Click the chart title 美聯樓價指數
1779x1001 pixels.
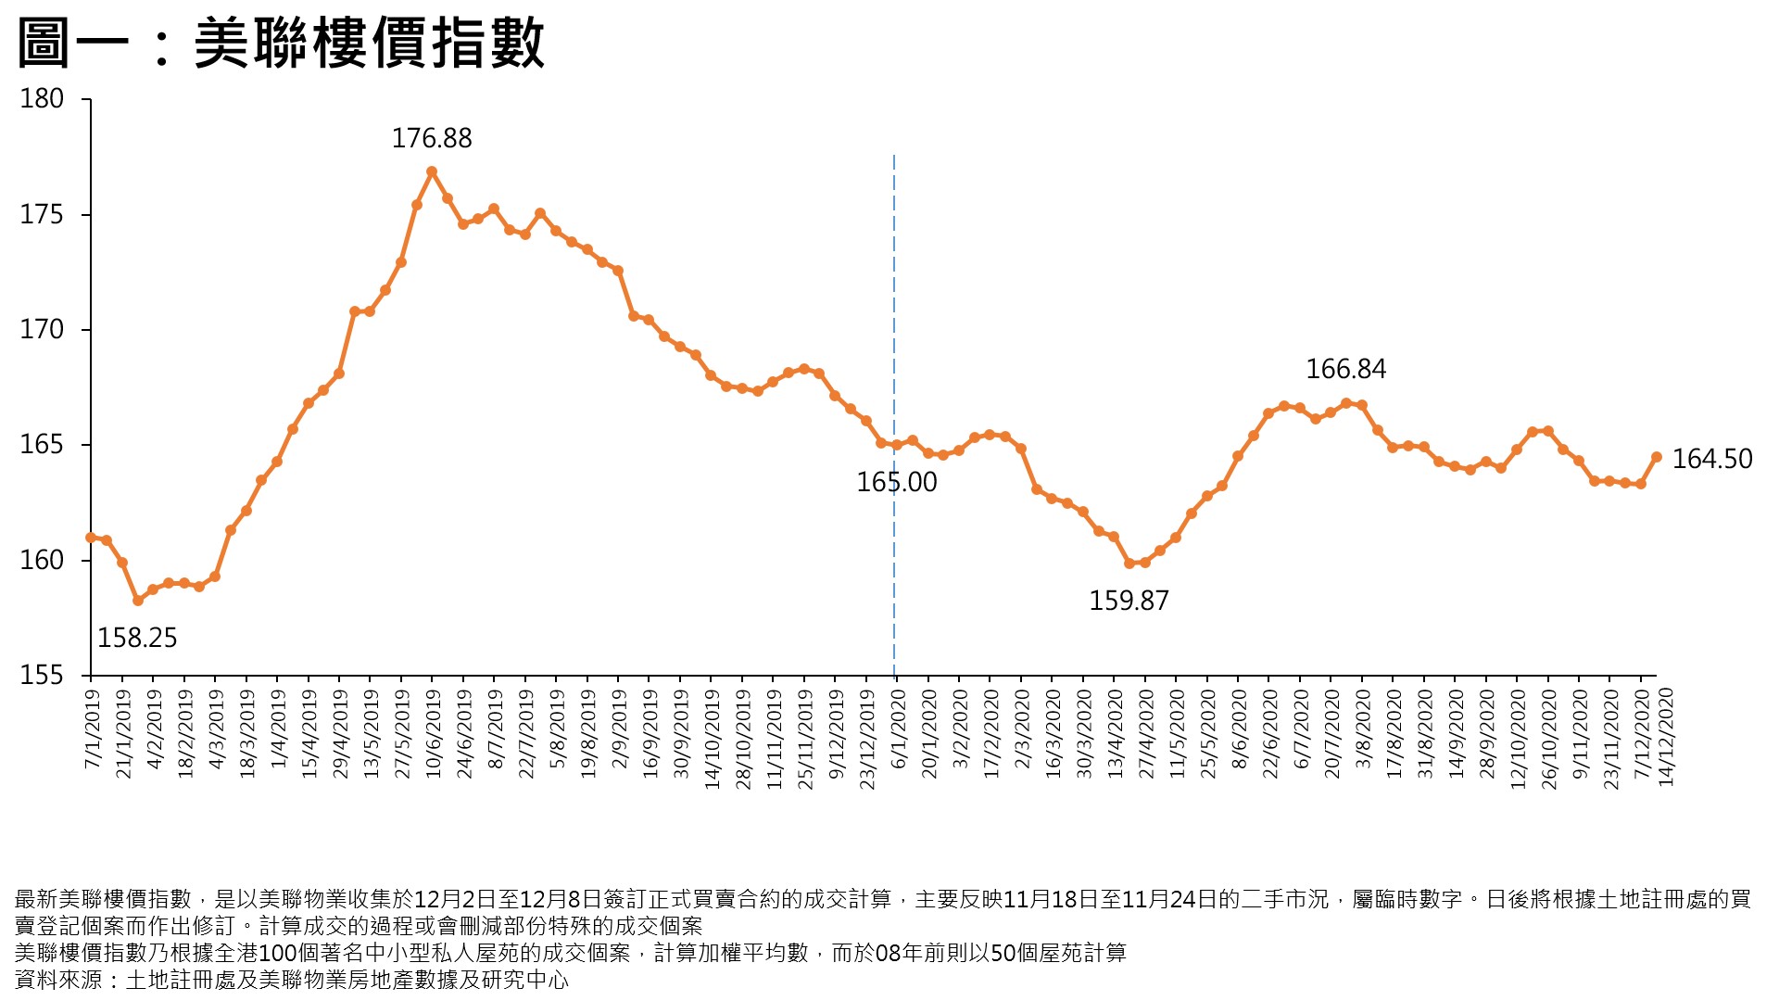tap(281, 44)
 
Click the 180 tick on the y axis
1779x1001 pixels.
tap(42, 99)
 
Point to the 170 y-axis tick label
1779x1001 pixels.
tap(42, 330)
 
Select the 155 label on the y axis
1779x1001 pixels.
tap(42, 676)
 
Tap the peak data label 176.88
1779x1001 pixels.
tap(432, 139)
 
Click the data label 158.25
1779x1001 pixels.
tap(137, 638)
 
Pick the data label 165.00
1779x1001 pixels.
tap(896, 482)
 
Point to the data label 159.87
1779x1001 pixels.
tap(1129, 601)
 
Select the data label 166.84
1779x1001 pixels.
tap(1345, 369)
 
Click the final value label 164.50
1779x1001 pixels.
tap(1711, 459)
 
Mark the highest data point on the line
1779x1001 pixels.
tap(432, 171)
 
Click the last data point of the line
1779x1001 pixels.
tap(1657, 457)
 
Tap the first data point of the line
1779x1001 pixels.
tap(91, 538)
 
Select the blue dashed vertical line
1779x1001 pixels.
tap(894, 278)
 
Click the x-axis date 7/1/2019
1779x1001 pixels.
tap(92, 729)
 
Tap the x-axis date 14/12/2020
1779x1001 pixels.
tap(1666, 738)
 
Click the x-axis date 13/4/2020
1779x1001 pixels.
tap(1114, 734)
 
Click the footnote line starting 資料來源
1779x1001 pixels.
tap(291, 980)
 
